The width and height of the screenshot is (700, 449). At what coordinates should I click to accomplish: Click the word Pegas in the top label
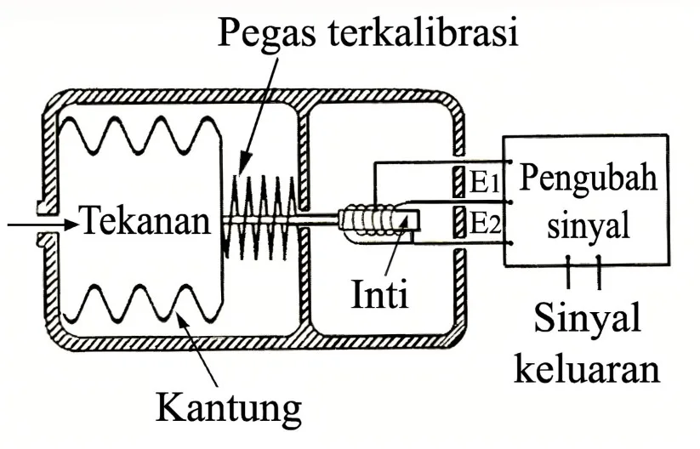[x=266, y=32]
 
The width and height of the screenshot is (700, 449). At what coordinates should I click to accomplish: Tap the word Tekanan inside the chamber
[x=146, y=220]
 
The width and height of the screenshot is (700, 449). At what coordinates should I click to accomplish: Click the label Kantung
[x=229, y=406]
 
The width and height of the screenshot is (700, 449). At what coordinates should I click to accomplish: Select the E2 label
[x=486, y=223]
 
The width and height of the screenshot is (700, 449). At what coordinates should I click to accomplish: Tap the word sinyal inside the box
[x=589, y=223]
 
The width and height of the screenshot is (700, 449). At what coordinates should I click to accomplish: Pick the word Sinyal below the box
[x=587, y=318]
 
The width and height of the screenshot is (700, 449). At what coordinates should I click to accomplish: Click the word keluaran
[x=587, y=368]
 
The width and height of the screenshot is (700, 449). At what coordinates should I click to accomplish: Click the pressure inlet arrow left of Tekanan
[x=43, y=224]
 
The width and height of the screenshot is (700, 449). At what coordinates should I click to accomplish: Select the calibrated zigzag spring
[x=259, y=218]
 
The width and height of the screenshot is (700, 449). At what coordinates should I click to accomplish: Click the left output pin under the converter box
[x=568, y=271]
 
